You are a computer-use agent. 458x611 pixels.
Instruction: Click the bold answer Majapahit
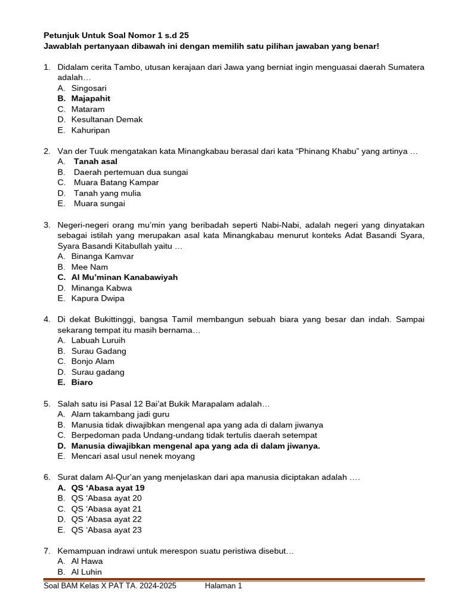pos(91,98)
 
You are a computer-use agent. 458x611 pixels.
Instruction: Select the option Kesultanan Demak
pos(107,119)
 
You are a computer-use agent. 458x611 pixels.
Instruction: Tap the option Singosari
pos(89,88)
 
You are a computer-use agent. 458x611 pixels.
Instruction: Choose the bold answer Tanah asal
pos(95,161)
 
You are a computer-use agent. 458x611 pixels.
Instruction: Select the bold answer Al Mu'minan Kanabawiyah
pos(124,277)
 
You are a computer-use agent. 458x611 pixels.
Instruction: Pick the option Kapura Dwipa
pos(98,298)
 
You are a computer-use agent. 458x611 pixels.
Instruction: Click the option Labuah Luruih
pos(98,341)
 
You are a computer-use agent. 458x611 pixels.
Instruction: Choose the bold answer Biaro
pos(82,382)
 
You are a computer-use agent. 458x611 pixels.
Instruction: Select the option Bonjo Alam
pos(92,362)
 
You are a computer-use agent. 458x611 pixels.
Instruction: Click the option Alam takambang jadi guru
pos(120,414)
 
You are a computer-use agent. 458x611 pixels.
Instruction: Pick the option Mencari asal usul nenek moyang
pos(133,456)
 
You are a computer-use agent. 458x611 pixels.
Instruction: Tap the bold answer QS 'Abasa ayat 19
pos(108,488)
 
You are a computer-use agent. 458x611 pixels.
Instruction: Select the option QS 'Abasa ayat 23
pos(106,530)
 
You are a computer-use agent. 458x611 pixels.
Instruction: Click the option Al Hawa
pos(87,561)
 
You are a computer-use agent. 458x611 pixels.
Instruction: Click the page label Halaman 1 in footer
pos(223,587)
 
